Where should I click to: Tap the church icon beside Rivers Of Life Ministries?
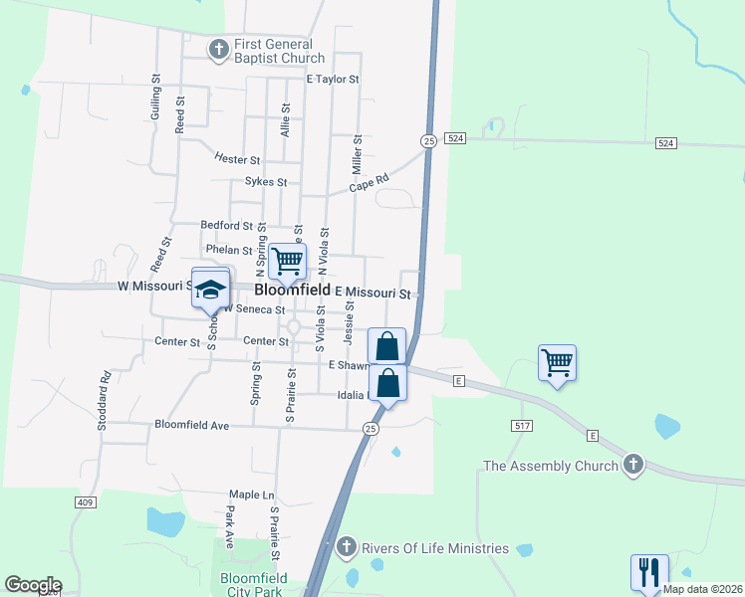tap(346, 546)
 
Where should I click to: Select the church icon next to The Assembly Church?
tap(632, 465)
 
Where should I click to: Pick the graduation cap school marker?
tap(211, 289)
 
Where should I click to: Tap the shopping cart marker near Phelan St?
tap(287, 261)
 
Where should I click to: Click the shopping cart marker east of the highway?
tap(557, 361)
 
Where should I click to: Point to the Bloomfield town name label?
tap(293, 291)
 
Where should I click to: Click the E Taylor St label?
tap(333, 79)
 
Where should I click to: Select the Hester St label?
tap(237, 159)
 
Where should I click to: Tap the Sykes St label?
tap(266, 183)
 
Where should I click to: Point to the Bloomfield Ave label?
tap(192, 425)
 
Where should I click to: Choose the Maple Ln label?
tap(251, 495)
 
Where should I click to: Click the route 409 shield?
tap(85, 502)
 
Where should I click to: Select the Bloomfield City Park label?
tap(253, 585)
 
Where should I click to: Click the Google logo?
tap(33, 585)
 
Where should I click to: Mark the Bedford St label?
tap(227, 226)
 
